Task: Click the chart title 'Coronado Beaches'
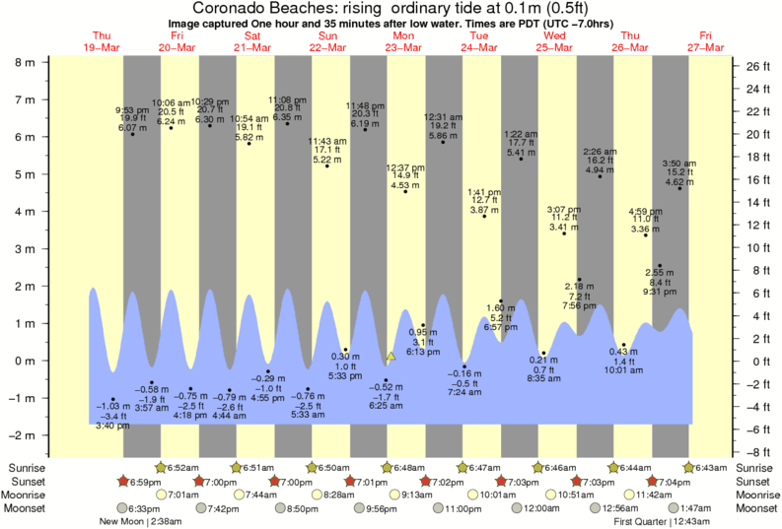click(x=267, y=9)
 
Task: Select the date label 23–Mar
click(x=403, y=46)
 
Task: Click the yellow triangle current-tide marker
click(x=391, y=356)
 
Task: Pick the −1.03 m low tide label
click(x=113, y=405)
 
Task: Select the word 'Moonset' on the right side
click(x=758, y=508)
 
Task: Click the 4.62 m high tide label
click(x=678, y=181)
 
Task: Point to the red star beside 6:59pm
click(x=124, y=481)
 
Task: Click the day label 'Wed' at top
click(x=555, y=35)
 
